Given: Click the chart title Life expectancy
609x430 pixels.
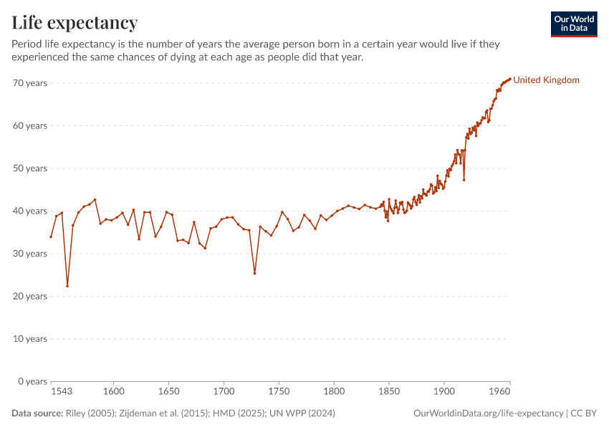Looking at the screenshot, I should [75, 23].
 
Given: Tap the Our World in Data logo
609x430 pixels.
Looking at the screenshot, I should [573, 24].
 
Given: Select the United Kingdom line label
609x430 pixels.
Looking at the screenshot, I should [546, 80].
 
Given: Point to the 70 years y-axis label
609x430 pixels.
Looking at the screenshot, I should [30, 83].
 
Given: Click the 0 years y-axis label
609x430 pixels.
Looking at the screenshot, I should [33, 381].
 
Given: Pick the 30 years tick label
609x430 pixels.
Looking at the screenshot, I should [30, 254].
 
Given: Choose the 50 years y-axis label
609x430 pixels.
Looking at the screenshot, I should [30, 168].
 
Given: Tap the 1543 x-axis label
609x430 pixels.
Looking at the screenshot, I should [61, 392].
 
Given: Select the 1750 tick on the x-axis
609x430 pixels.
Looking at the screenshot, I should [279, 392].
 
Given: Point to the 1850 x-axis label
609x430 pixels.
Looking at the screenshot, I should [389, 392].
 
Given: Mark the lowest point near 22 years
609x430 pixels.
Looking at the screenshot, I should [67, 286].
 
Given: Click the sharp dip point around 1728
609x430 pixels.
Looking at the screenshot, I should [254, 273].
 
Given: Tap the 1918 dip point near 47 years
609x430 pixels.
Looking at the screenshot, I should [464, 179].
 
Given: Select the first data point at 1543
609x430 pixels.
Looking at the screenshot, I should [51, 236].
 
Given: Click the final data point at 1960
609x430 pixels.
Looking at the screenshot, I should [510, 79].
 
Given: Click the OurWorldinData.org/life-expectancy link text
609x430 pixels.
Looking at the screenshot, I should [488, 414].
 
